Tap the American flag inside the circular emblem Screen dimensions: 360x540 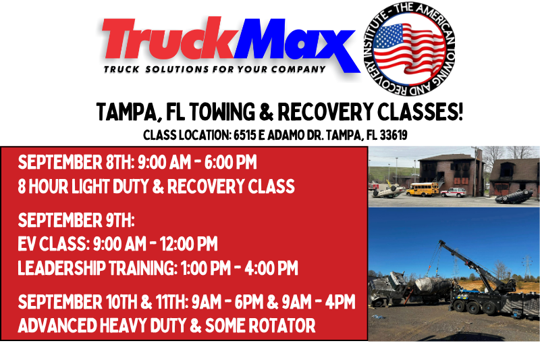[405, 47]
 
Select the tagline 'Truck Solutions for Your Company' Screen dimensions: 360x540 [215, 69]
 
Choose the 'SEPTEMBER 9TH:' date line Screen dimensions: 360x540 [77, 221]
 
